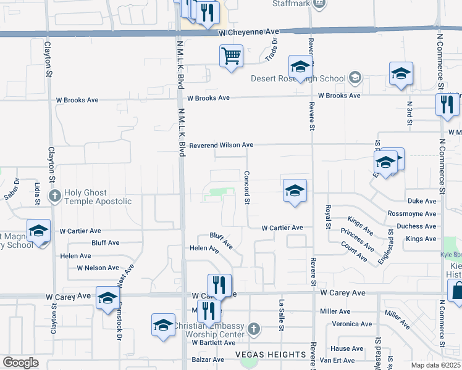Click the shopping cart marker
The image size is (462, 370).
(231, 57)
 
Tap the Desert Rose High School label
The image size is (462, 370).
(298, 78)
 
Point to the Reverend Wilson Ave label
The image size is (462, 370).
(221, 145)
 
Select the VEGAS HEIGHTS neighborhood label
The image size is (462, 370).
(271, 355)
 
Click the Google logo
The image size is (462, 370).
(20, 363)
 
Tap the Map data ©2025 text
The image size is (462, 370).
(435, 365)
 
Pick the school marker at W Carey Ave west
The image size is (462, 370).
(107, 297)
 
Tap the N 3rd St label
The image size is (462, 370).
(409, 114)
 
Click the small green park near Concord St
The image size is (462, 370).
(216, 192)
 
